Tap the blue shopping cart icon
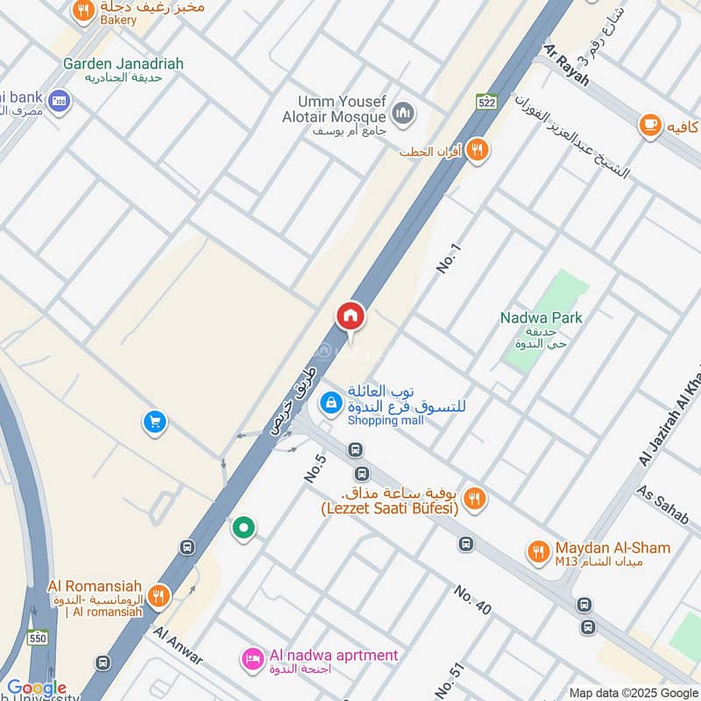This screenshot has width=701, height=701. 155,422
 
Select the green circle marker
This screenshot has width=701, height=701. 244,528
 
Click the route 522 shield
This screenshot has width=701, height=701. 487,103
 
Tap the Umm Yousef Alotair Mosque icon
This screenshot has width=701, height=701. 403,112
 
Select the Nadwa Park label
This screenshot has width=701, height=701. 542,317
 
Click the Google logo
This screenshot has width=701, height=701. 37,688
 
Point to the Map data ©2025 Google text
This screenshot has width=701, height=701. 633,692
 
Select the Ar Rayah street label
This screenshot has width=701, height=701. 569,63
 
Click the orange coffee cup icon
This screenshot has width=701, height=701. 649,126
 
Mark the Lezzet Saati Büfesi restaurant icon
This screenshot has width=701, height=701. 474,499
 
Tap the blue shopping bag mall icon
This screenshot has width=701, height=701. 330,402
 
